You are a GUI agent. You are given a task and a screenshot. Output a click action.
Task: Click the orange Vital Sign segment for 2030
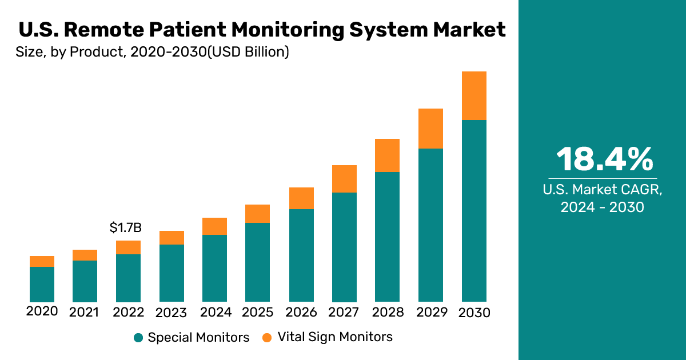474,95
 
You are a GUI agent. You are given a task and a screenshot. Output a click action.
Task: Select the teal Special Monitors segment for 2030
474,211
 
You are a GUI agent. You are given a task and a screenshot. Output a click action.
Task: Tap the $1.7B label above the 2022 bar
125,228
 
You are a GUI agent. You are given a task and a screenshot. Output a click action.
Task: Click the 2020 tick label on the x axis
42,311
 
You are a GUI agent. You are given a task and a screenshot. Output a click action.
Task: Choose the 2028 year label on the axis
388,313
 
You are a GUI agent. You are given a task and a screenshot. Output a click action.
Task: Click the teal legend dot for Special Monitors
138,338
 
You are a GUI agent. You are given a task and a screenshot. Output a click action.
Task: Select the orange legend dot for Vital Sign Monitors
267,338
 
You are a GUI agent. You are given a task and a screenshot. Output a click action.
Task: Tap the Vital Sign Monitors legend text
335,337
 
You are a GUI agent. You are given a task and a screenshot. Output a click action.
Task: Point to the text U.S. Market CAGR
605,190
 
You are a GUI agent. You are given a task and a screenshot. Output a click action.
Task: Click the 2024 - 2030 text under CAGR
603,207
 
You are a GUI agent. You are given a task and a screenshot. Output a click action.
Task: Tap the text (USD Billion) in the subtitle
248,53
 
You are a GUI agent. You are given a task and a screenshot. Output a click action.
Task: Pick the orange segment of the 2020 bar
42,261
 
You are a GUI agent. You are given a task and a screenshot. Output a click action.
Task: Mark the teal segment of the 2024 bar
215,268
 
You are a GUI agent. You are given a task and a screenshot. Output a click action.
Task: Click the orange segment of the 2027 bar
344,179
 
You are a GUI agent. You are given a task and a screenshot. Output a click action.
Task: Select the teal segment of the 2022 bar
128,278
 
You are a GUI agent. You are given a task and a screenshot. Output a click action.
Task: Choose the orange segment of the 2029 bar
431,129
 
